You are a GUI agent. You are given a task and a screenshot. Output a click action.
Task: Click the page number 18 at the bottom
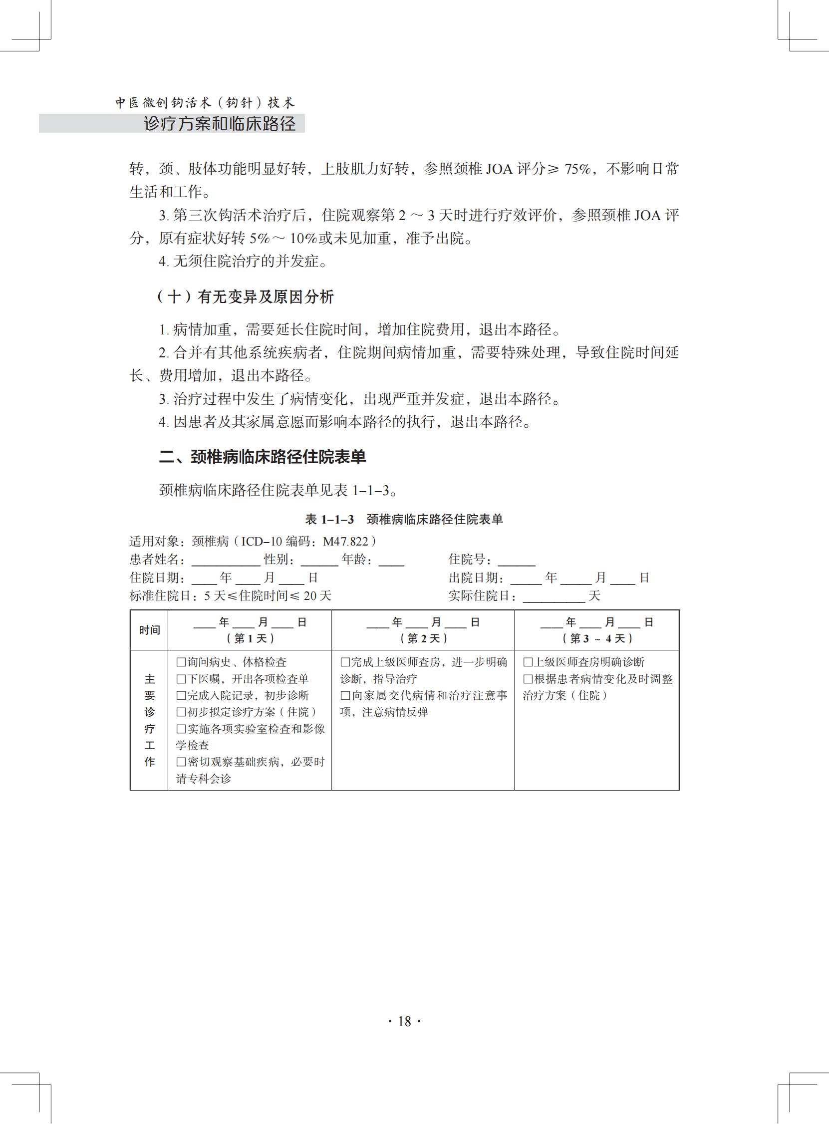pyautogui.click(x=404, y=1021)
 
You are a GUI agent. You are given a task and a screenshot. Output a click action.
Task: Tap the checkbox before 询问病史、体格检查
pyautogui.click(x=181, y=662)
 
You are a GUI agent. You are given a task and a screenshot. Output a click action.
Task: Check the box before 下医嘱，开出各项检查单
pyautogui.click(x=181, y=679)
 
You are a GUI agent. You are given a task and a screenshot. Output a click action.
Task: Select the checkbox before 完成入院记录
pyautogui.click(x=181, y=695)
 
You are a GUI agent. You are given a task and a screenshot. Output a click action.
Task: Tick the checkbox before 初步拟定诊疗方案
pyautogui.click(x=181, y=712)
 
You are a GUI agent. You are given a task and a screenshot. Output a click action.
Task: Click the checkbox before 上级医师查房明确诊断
pyautogui.click(x=528, y=662)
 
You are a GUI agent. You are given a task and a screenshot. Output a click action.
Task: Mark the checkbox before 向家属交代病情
pyautogui.click(x=345, y=695)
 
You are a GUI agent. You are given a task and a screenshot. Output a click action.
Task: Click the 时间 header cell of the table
pyautogui.click(x=149, y=630)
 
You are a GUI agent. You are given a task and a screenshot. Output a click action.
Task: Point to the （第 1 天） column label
pyautogui.click(x=250, y=638)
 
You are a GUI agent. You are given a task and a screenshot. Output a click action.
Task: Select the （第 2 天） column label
pyautogui.click(x=423, y=638)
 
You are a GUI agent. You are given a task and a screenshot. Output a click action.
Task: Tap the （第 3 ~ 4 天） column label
pyautogui.click(x=596, y=638)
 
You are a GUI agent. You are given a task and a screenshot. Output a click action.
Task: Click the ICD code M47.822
pyautogui.click(x=345, y=542)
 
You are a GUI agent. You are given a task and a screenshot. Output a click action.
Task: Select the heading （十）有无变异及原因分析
pyautogui.click(x=245, y=297)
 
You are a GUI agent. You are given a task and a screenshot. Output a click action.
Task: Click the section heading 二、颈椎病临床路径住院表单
pyautogui.click(x=263, y=457)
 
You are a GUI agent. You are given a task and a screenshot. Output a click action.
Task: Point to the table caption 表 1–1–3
pyautogui.click(x=330, y=520)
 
